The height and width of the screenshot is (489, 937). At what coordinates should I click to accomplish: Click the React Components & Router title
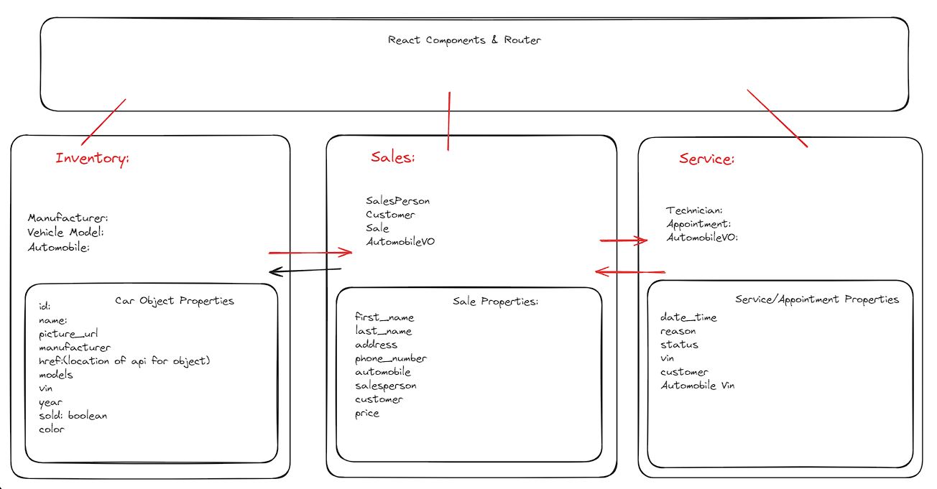coord(464,40)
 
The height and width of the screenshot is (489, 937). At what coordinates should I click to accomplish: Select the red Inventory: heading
coord(93,159)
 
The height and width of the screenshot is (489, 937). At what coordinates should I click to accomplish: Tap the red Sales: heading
coord(393,157)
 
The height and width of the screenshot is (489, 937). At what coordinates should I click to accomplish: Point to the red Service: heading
coord(706,159)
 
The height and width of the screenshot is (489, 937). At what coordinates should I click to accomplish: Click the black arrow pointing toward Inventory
coord(305,271)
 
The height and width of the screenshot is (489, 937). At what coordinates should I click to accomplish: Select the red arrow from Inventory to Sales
coord(310,253)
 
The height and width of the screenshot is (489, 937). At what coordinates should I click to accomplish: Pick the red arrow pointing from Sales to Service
coord(623,241)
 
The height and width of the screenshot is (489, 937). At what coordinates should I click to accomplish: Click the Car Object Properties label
coord(175,301)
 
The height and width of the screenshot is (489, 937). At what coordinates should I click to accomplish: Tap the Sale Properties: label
coord(495,302)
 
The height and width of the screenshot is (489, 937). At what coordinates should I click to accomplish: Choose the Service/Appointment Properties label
coord(817,299)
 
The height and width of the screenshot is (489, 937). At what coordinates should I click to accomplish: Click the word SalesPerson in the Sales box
coord(398,201)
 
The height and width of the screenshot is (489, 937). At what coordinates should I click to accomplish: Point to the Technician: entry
coord(694,210)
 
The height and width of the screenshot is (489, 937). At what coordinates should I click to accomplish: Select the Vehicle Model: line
coord(65,233)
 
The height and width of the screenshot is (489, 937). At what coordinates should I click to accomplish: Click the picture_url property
coord(68,334)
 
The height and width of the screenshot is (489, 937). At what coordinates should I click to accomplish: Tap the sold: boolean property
coord(73,416)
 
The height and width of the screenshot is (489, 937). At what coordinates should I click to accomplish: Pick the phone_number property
coord(391,358)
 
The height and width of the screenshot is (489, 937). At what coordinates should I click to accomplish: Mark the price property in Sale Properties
coord(367,414)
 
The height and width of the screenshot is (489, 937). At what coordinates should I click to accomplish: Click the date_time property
coord(688,317)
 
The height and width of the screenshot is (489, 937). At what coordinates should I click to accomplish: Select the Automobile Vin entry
coord(698,386)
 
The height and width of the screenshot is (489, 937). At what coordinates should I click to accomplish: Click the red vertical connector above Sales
coord(449,121)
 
